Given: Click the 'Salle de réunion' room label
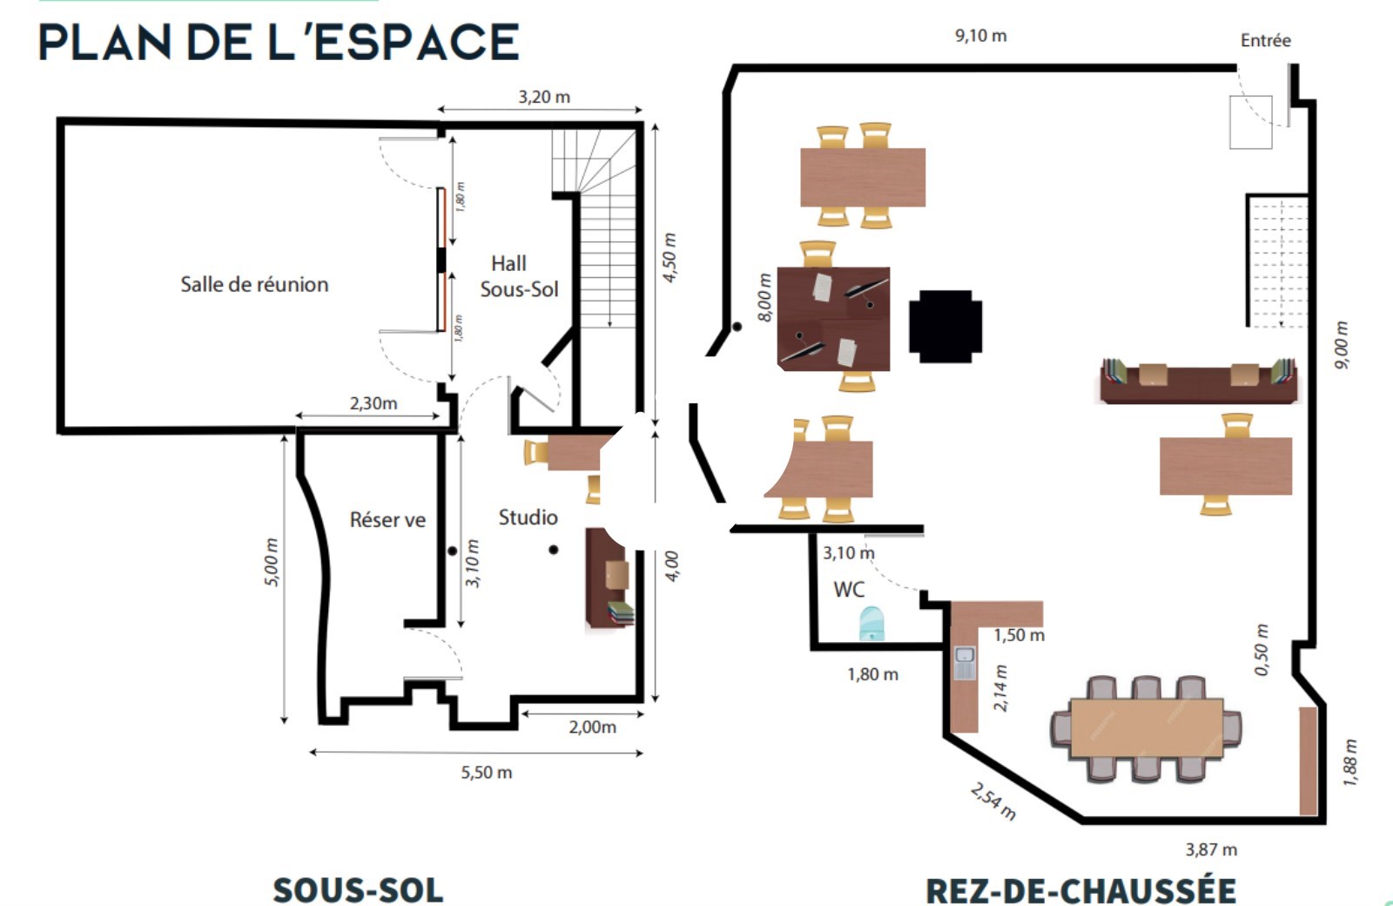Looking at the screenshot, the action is pyautogui.click(x=254, y=284).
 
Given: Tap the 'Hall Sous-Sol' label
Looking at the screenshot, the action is pyautogui.click(x=519, y=276).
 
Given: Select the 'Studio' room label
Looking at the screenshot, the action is pyautogui.click(x=528, y=517).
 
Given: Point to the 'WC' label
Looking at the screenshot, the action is pyautogui.click(x=849, y=589).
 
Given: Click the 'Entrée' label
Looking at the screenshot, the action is pyautogui.click(x=1266, y=40).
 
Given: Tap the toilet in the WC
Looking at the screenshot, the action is pyautogui.click(x=871, y=623).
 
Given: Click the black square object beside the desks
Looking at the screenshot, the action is pyautogui.click(x=945, y=326).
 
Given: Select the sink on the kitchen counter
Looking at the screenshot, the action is pyautogui.click(x=965, y=663).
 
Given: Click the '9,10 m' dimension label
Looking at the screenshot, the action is pyautogui.click(x=980, y=36).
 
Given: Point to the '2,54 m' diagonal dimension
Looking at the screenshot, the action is pyautogui.click(x=993, y=801).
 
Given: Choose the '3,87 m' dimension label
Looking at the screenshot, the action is pyautogui.click(x=1211, y=849).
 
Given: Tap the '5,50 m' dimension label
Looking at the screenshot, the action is pyautogui.click(x=487, y=772).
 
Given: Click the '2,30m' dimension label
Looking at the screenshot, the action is pyautogui.click(x=373, y=403).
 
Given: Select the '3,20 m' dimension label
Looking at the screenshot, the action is pyautogui.click(x=544, y=97).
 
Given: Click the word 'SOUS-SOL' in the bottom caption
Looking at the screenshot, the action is pyautogui.click(x=358, y=889).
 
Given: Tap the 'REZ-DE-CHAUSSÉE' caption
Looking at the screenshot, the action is pyautogui.click(x=1080, y=889).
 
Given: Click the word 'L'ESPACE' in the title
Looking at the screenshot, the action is pyautogui.click(x=394, y=43).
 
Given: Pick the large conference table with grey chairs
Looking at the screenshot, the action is pyautogui.click(x=1146, y=728).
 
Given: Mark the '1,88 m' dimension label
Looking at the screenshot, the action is pyautogui.click(x=1349, y=762).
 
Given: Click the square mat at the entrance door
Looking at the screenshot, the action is pyautogui.click(x=1250, y=122).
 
